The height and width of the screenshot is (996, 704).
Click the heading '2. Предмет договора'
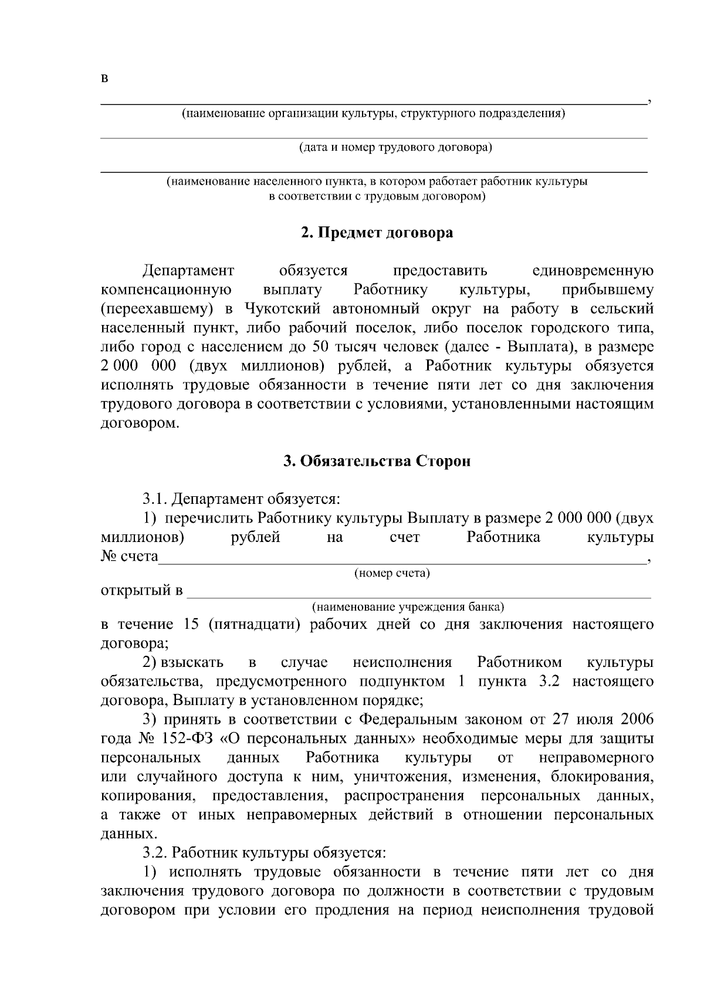pyautogui.click(x=377, y=233)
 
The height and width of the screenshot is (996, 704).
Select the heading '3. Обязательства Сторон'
pyautogui.click(x=377, y=462)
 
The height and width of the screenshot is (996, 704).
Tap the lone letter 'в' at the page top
pyautogui.click(x=104, y=79)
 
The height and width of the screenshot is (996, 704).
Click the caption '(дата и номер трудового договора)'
pyautogui.click(x=395, y=147)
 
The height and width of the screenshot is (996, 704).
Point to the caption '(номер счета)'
pyautogui.click(x=392, y=573)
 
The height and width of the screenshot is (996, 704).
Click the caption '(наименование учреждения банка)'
pyautogui.click(x=408, y=606)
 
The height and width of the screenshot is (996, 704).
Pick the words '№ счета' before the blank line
pyautogui.click(x=130, y=556)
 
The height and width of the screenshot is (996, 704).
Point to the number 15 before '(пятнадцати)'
pyautogui.click(x=191, y=624)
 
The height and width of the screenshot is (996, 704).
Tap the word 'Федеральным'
pyautogui.click(x=405, y=720)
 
